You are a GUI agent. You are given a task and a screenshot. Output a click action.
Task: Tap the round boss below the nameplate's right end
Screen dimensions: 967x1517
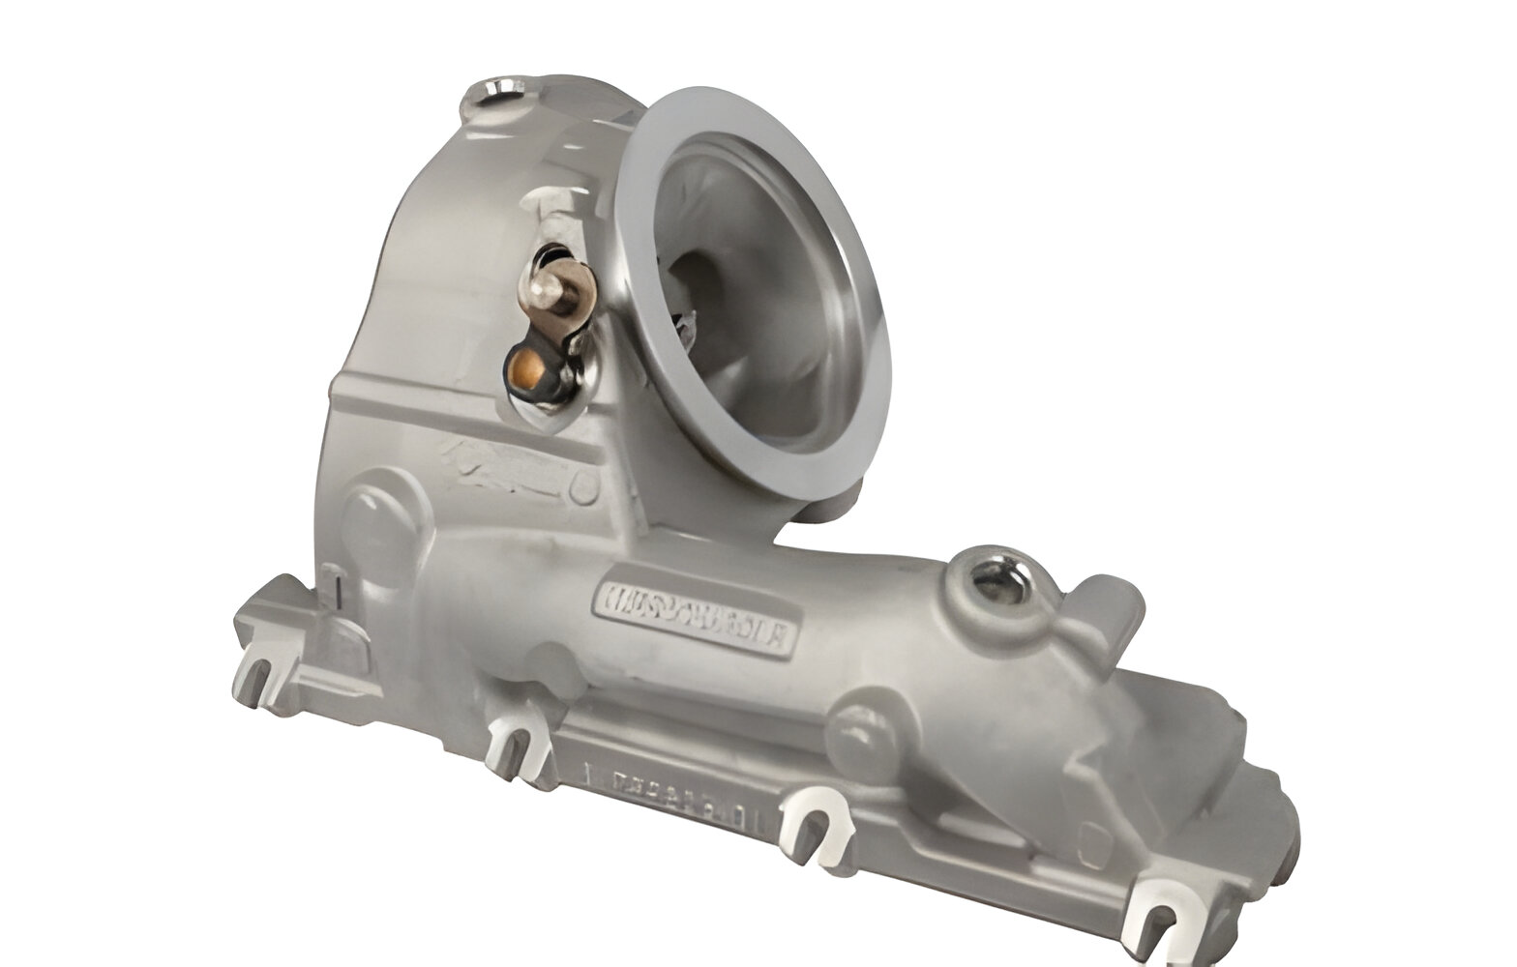857,721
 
